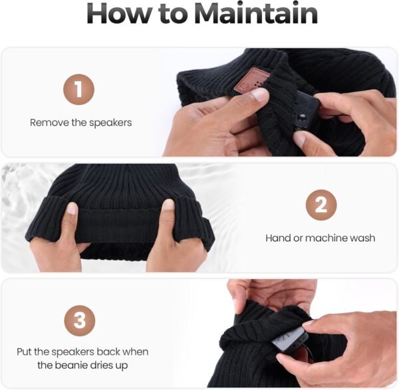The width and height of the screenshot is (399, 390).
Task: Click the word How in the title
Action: [119, 13]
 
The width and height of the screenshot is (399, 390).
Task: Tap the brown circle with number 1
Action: [79, 89]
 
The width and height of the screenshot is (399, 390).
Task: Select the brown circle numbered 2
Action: [321, 205]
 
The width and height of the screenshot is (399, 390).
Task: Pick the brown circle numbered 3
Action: [80, 321]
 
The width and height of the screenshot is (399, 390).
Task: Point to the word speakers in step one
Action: [110, 123]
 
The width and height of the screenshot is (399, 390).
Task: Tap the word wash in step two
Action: [362, 238]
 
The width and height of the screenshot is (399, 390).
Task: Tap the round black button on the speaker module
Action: [302, 118]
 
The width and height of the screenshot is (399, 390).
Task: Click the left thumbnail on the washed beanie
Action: [72, 208]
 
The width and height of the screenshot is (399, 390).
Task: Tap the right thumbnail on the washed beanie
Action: [168, 206]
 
